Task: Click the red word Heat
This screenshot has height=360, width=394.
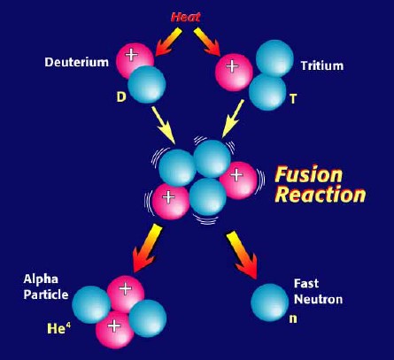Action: (x=185, y=17)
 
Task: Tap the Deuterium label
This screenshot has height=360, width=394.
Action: (x=76, y=62)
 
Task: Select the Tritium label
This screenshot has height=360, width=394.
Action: (x=322, y=65)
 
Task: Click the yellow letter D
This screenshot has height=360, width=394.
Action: (x=121, y=96)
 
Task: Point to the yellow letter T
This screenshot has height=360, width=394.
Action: (x=293, y=99)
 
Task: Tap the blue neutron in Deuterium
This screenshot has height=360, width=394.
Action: (x=147, y=84)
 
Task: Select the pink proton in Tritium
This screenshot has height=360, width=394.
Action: (x=234, y=73)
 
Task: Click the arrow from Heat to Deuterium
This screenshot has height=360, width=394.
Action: (x=168, y=42)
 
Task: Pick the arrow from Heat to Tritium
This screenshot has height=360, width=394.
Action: (x=207, y=42)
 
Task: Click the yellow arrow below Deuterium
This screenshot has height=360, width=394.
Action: (x=163, y=125)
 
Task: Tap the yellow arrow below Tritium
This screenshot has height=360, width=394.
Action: (x=233, y=119)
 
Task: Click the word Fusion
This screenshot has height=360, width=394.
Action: (x=308, y=174)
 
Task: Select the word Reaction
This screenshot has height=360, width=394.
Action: (x=321, y=195)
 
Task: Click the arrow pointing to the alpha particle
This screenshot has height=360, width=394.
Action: (x=147, y=248)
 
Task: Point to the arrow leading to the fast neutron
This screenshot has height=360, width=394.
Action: (x=242, y=256)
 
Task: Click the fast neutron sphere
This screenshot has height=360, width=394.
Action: (x=270, y=303)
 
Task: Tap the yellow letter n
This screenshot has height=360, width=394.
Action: (x=293, y=318)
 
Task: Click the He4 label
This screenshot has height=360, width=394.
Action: (x=59, y=328)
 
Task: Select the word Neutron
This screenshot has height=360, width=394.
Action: (x=319, y=300)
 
